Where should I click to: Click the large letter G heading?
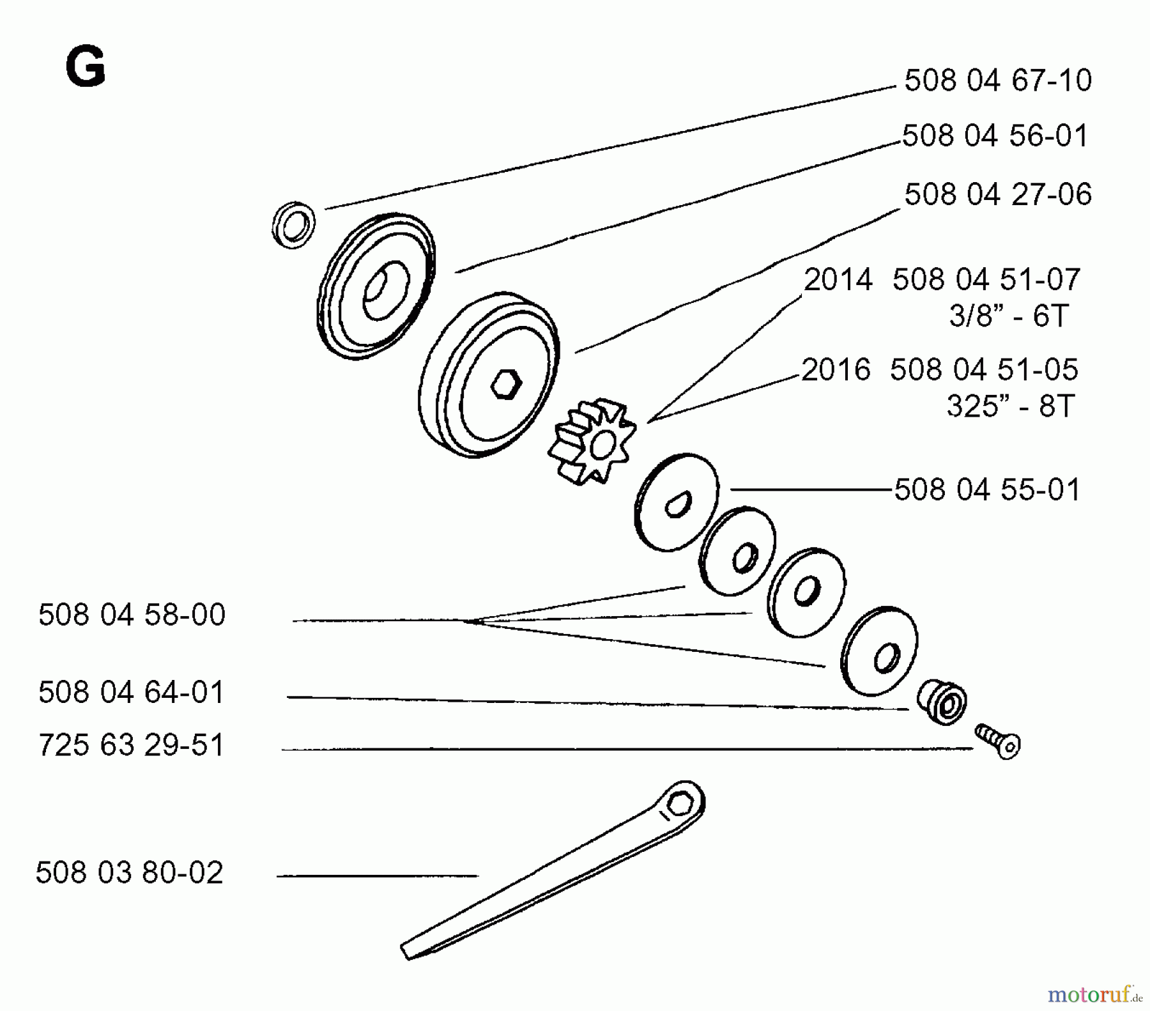point(85,68)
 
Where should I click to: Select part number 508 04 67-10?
point(997,81)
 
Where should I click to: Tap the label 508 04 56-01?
point(995,136)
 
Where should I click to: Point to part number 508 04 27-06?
point(997,194)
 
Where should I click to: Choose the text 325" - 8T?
point(1010,406)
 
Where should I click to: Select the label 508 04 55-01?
point(987,490)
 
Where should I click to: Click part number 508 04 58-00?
point(132,615)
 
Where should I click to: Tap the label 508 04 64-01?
point(132,693)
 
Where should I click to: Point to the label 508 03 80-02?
point(130,873)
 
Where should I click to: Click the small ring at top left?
point(293,225)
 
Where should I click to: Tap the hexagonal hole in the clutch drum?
point(506,384)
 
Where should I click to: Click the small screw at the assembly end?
point(999,741)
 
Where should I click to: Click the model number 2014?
point(838,280)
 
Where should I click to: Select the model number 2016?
point(836,370)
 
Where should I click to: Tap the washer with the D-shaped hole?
point(677,503)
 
